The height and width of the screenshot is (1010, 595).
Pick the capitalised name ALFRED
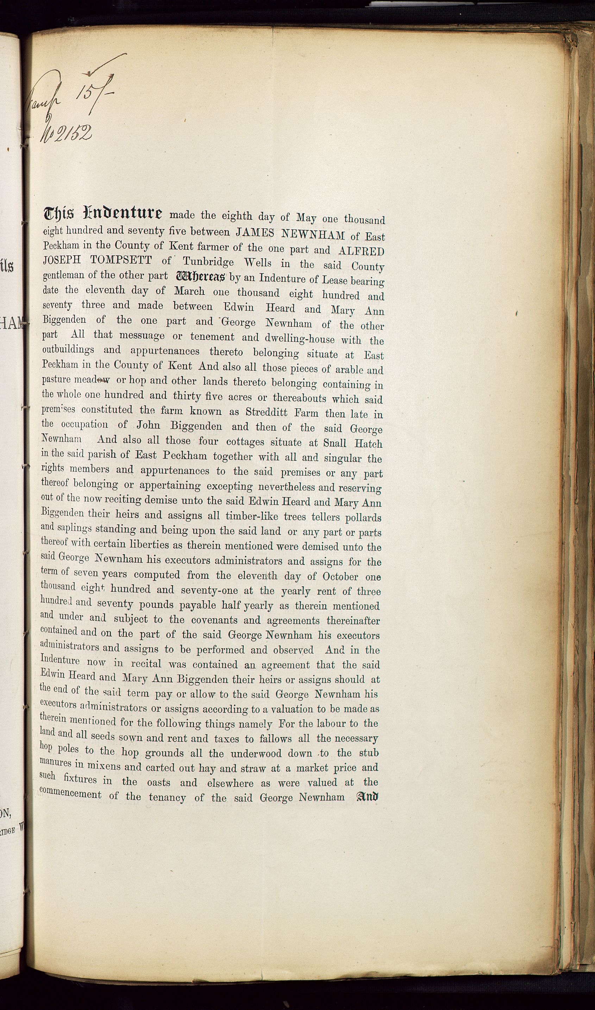coord(361,251)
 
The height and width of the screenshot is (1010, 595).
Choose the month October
coord(340,576)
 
